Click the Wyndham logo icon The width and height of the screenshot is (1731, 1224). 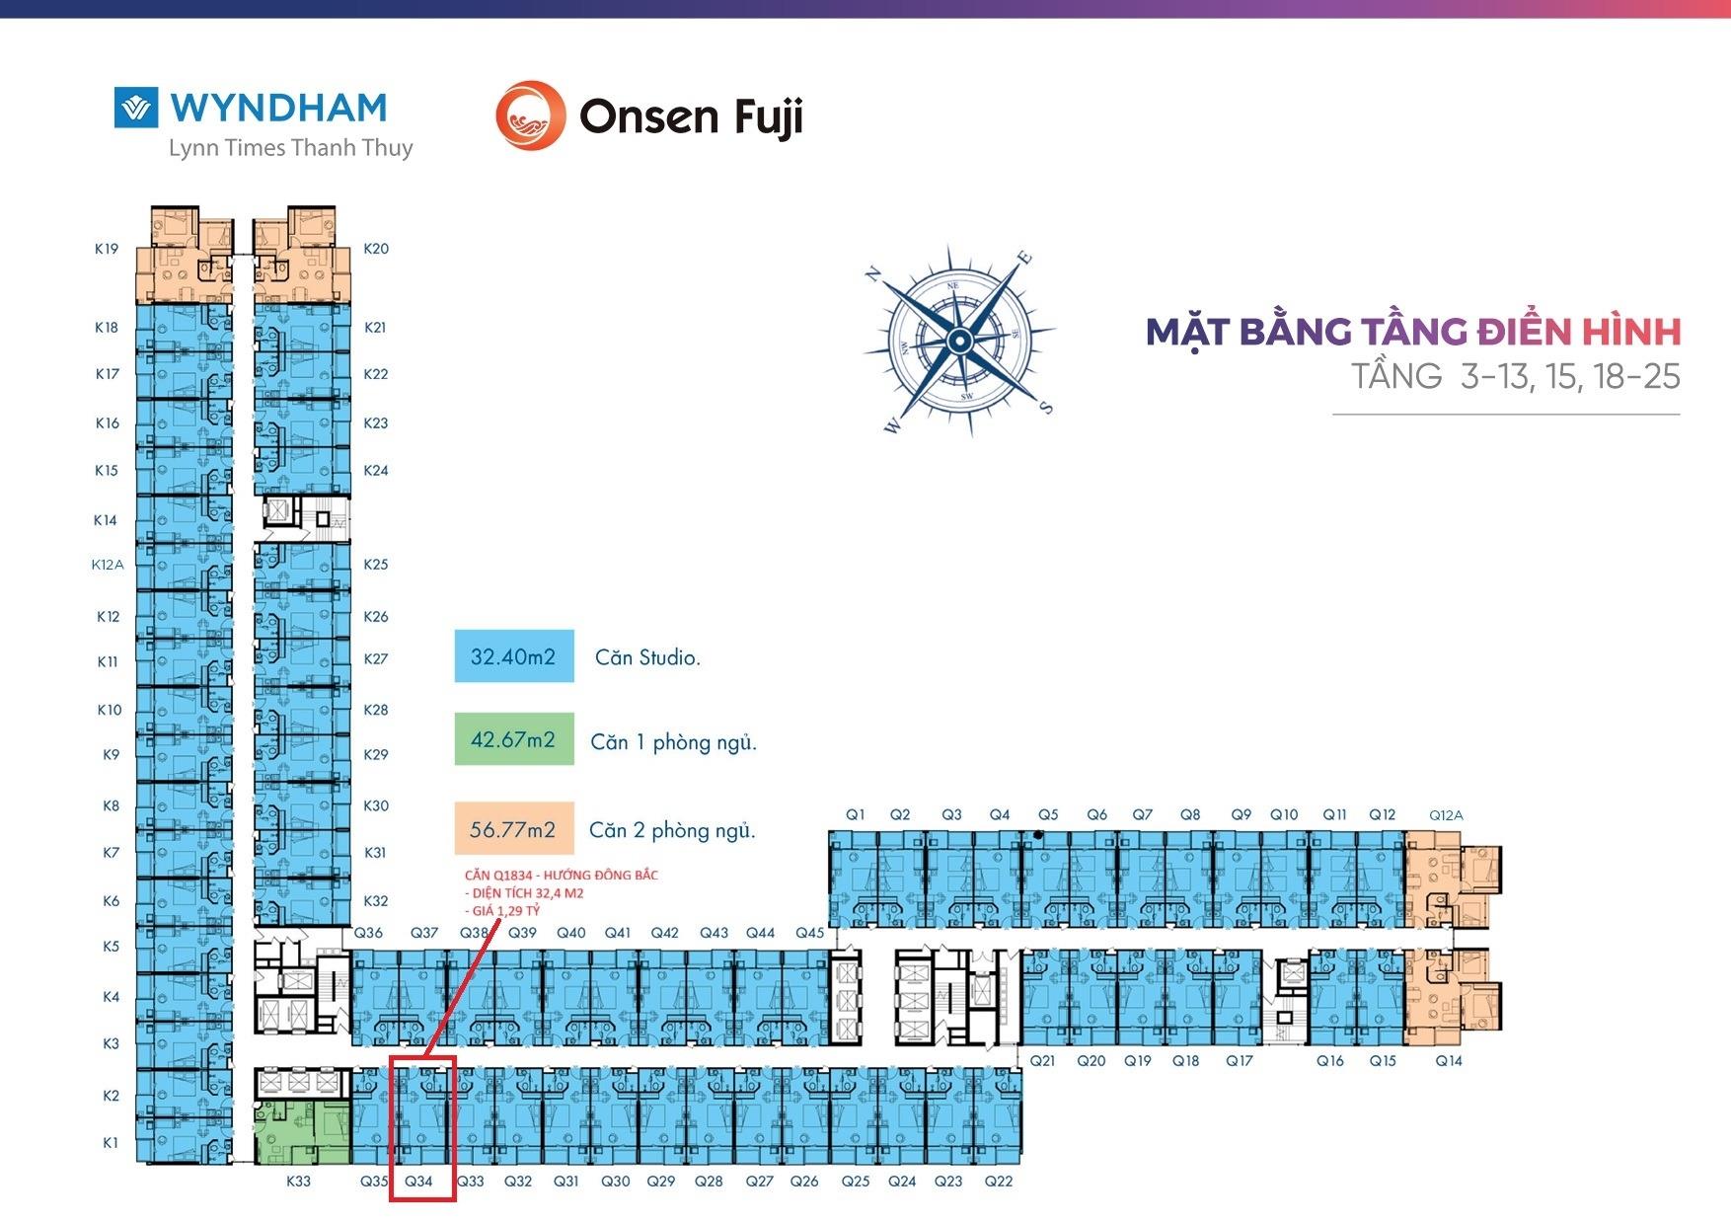(136, 108)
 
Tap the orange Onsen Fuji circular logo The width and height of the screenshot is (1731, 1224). (530, 115)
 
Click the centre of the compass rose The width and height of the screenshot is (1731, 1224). (958, 341)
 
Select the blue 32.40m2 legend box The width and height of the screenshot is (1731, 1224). (513, 656)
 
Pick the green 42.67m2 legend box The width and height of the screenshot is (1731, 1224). (513, 739)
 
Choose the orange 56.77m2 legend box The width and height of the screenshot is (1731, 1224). (513, 829)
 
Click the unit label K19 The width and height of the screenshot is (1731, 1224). (107, 249)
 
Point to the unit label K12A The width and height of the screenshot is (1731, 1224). (108, 565)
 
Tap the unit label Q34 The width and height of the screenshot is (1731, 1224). (418, 1181)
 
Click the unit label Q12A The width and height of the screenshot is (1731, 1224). (1446, 815)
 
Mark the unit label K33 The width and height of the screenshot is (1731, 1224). (298, 1181)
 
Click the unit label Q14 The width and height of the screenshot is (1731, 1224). (1449, 1061)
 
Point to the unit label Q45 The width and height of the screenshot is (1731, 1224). (809, 933)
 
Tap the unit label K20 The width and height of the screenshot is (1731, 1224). (376, 249)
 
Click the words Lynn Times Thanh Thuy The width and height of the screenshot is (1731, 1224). (290, 148)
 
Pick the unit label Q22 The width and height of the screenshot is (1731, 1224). (999, 1181)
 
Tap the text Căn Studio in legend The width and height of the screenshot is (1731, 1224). (647, 657)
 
